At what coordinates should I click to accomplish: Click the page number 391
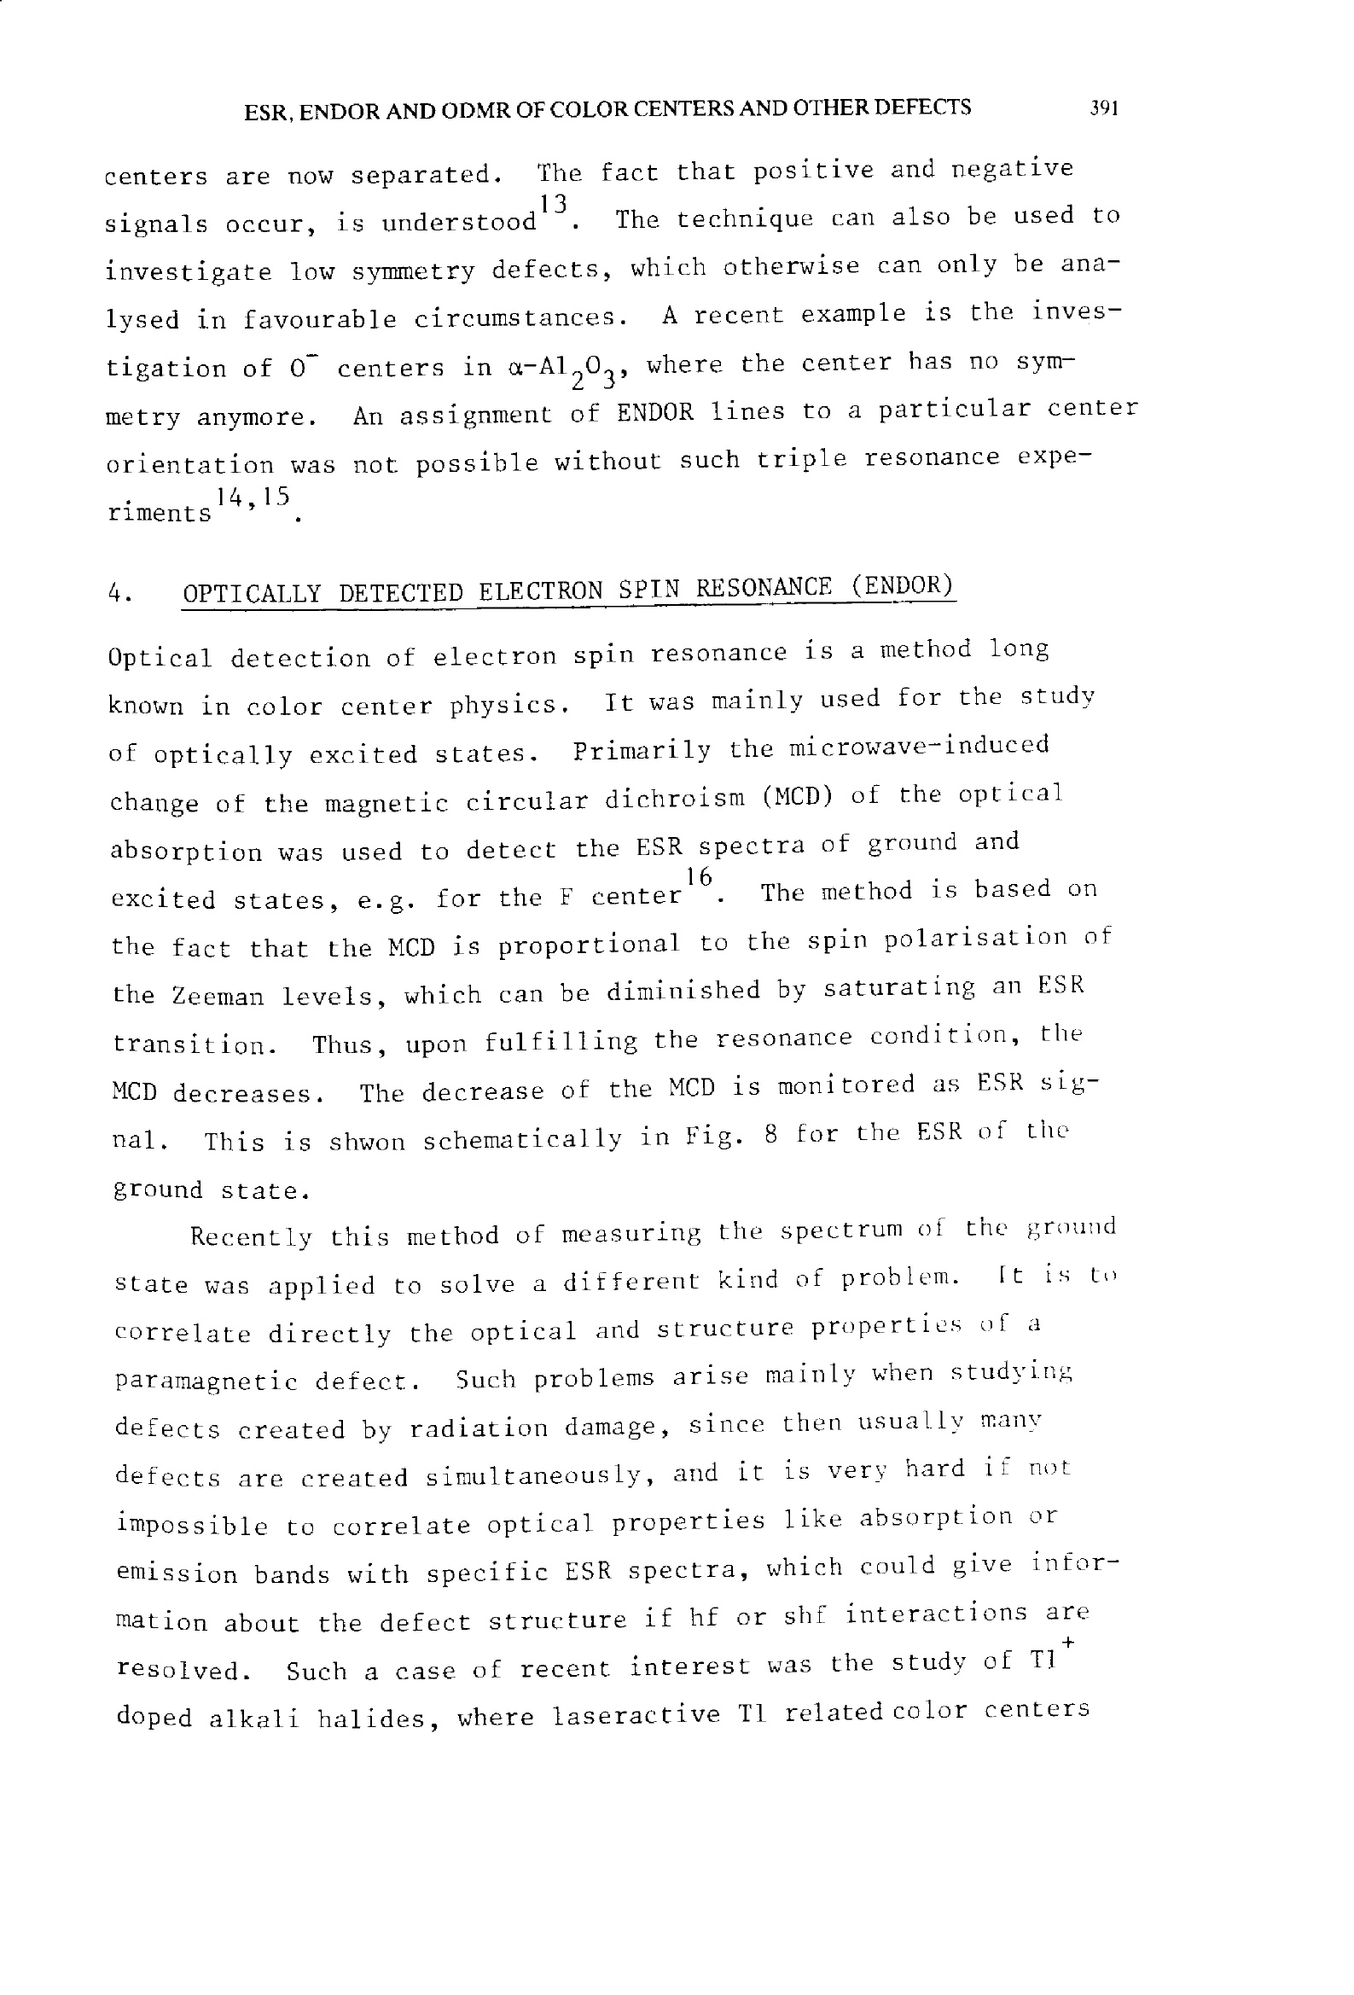[x=1102, y=108]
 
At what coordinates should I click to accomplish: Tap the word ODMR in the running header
[x=473, y=111]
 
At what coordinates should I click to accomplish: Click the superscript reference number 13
[x=554, y=204]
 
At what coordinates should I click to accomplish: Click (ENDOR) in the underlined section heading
[x=902, y=586]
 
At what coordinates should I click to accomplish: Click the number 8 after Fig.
[x=770, y=1136]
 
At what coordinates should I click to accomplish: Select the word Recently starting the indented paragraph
[x=251, y=1237]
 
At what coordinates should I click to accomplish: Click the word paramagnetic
[x=206, y=1382]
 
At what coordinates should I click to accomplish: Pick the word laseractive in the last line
[x=636, y=1715]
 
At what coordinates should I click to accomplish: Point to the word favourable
[x=319, y=320]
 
